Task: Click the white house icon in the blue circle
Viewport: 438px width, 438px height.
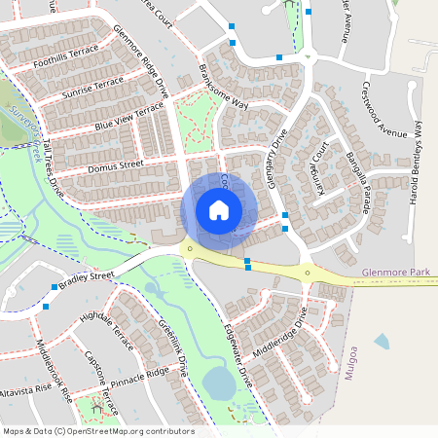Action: (x=218, y=209)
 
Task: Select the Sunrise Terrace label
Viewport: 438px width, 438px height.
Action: (x=93, y=88)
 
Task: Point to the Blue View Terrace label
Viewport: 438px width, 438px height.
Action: (x=128, y=119)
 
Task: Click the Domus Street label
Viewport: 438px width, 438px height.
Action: (x=116, y=170)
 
